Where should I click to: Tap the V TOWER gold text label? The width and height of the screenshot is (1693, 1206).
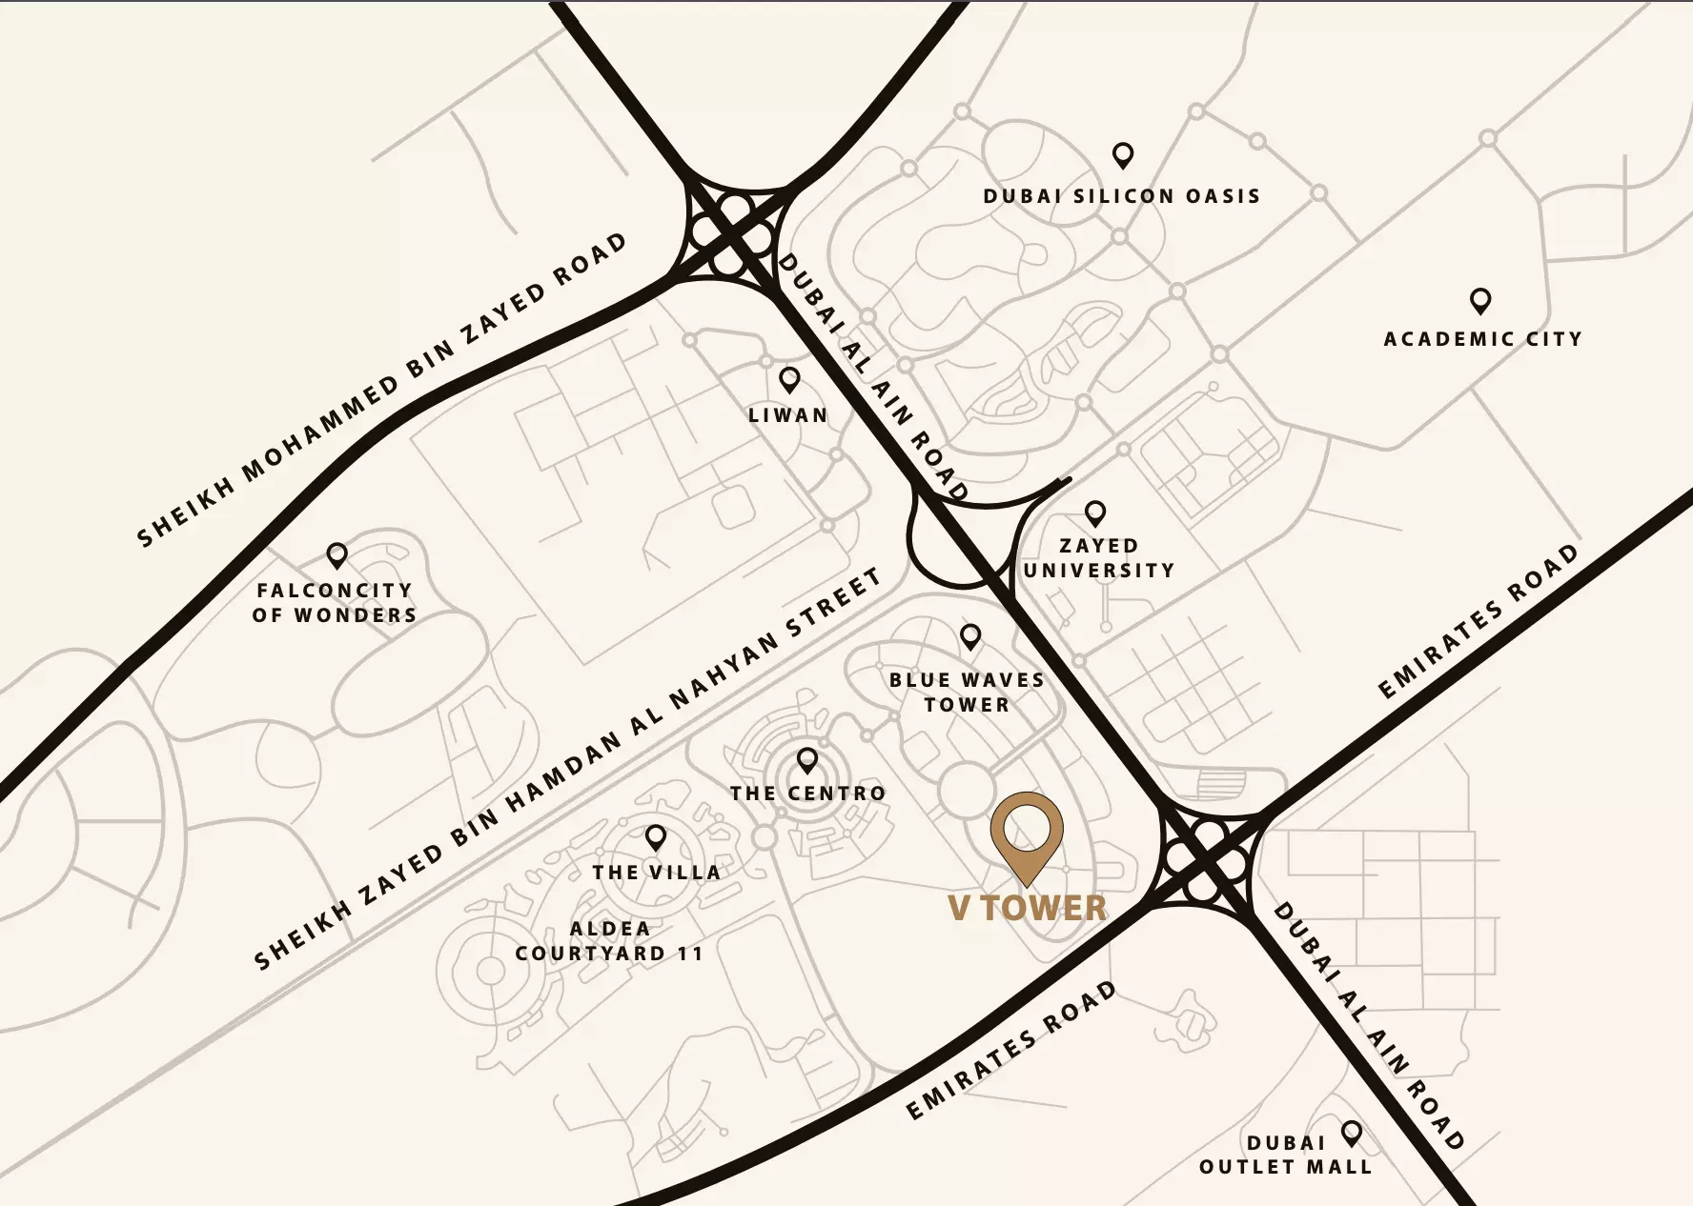pyautogui.click(x=1028, y=908)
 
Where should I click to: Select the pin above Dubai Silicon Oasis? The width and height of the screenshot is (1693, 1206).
pyautogui.click(x=1123, y=154)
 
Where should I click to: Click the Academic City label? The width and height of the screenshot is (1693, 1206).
pyautogui.click(x=1482, y=339)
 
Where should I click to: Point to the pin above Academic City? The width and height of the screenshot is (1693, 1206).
pyautogui.click(x=1479, y=300)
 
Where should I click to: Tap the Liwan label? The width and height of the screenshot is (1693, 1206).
pyautogui.click(x=788, y=415)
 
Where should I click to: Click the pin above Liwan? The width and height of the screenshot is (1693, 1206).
pyautogui.click(x=789, y=379)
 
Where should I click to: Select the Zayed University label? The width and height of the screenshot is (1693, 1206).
pyautogui.click(x=1098, y=558)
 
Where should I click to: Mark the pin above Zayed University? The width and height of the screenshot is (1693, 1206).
pyautogui.click(x=1095, y=513)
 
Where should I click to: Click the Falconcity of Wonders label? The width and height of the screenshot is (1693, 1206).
pyautogui.click(x=335, y=603)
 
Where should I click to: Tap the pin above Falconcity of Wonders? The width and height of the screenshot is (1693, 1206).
pyautogui.click(x=337, y=553)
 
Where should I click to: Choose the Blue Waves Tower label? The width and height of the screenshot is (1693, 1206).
pyautogui.click(x=967, y=693)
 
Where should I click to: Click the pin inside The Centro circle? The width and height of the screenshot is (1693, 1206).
pyautogui.click(x=807, y=759)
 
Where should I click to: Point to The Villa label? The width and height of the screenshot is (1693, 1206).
pyautogui.click(x=656, y=873)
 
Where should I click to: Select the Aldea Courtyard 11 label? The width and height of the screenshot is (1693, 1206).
pyautogui.click(x=609, y=941)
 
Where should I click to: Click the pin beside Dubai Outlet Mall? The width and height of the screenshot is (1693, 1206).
pyautogui.click(x=1351, y=1133)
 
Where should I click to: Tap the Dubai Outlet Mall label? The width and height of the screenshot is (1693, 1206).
pyautogui.click(x=1285, y=1155)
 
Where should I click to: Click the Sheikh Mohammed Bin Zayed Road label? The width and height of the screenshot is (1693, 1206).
pyautogui.click(x=381, y=391)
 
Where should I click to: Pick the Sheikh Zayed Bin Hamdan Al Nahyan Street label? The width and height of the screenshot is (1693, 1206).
pyautogui.click(x=567, y=770)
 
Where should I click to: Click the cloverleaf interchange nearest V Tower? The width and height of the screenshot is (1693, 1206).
pyautogui.click(x=1208, y=856)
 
